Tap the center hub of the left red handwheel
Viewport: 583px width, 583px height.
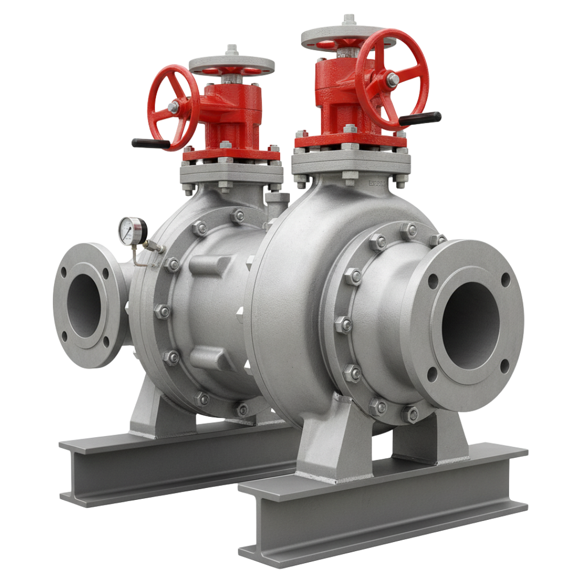tap(173, 109)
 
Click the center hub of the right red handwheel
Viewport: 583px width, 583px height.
tap(392, 79)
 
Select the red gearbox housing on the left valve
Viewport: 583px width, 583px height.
tap(238, 116)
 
